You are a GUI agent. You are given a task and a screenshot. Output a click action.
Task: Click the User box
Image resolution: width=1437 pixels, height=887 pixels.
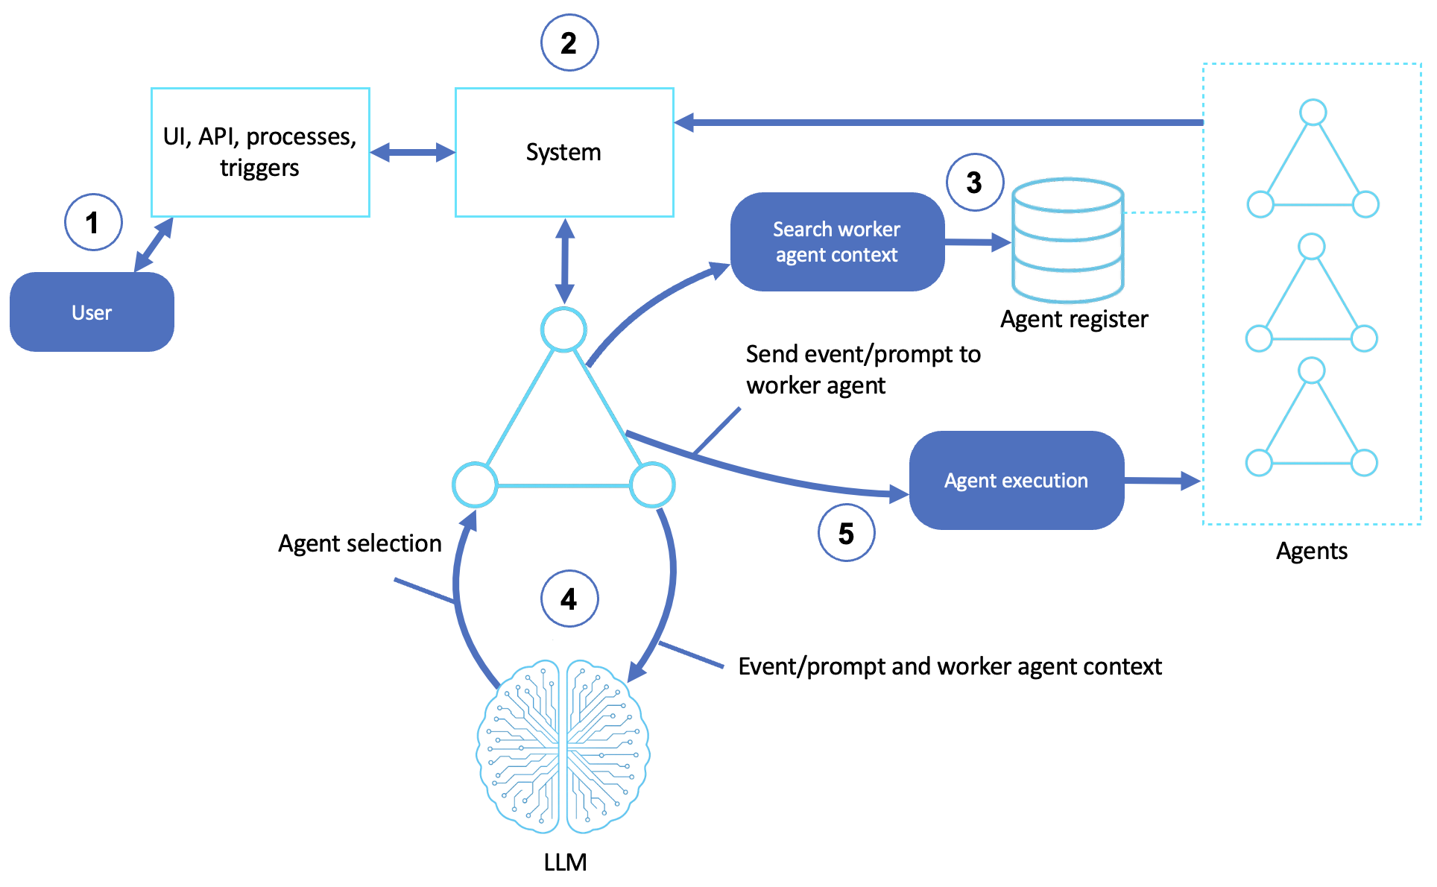pos(92,312)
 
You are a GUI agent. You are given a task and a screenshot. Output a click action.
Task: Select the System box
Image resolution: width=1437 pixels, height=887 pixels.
pos(564,152)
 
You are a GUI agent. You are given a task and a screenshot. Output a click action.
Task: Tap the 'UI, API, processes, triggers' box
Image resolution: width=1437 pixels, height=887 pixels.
pos(260,152)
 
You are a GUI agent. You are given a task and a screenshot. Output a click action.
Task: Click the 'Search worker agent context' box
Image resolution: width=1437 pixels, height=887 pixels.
pos(837,242)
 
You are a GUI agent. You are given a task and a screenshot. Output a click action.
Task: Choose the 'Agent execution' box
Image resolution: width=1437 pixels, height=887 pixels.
pos(1017,480)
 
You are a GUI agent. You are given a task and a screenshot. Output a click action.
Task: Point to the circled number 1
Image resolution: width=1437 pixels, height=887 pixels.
pos(93,222)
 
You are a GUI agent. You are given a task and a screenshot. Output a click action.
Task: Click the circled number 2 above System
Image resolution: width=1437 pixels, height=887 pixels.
pos(569,43)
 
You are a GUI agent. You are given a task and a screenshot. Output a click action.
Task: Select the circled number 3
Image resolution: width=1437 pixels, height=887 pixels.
pos(974,183)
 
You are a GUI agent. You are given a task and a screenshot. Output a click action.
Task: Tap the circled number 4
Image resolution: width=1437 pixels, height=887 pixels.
pos(569,599)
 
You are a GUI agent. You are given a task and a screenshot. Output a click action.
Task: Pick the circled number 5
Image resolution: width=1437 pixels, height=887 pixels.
pos(846,533)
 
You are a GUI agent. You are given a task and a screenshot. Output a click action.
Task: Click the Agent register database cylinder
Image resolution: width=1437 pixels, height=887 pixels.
pos(1067,240)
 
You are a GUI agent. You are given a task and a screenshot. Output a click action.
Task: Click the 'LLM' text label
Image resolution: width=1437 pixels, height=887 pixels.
pos(565,862)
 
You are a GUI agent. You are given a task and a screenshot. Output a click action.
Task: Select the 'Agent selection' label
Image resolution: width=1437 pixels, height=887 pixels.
pos(359,543)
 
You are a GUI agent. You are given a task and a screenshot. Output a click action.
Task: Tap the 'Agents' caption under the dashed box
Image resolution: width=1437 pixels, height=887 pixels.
pos(1311,551)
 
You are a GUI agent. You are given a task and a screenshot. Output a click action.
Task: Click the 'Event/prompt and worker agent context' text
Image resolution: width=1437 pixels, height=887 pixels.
pos(950,666)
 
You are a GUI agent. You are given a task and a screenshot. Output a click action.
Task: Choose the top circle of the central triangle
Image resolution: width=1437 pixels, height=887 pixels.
pos(563,329)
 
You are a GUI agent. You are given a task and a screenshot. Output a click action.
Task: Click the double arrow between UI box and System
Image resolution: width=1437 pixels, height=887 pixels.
pos(412,153)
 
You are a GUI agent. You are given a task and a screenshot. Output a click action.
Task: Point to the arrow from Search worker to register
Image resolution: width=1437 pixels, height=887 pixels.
pos(977,242)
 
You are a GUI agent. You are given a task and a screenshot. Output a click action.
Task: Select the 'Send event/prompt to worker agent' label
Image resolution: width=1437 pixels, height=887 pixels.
pos(862,370)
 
